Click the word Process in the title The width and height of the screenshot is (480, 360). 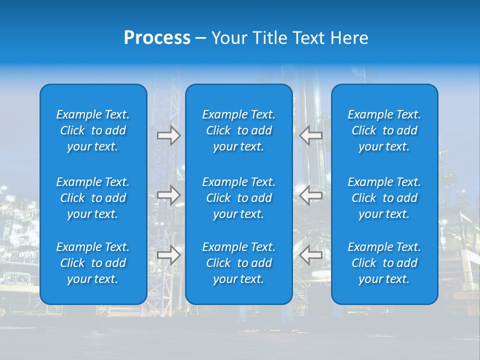[x=157, y=38]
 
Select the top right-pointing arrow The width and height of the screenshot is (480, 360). [x=169, y=135]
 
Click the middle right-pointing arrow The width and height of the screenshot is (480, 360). [x=169, y=195]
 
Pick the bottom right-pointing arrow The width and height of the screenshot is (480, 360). [x=169, y=255]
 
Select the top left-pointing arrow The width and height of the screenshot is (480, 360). [x=311, y=135]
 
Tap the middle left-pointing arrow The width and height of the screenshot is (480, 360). [x=311, y=195]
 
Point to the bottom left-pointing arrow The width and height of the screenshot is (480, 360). [x=311, y=255]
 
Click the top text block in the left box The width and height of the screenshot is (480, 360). [x=93, y=130]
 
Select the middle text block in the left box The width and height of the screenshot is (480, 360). [x=93, y=198]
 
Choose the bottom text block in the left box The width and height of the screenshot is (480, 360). [x=93, y=263]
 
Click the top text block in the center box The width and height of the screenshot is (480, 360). [x=239, y=130]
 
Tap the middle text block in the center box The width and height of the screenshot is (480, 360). [x=239, y=198]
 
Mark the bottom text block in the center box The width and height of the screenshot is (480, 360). [x=239, y=263]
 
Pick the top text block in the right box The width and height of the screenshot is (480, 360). [x=384, y=130]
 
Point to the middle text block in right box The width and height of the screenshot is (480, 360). [x=384, y=198]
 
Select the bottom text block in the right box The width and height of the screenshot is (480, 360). [x=384, y=263]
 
